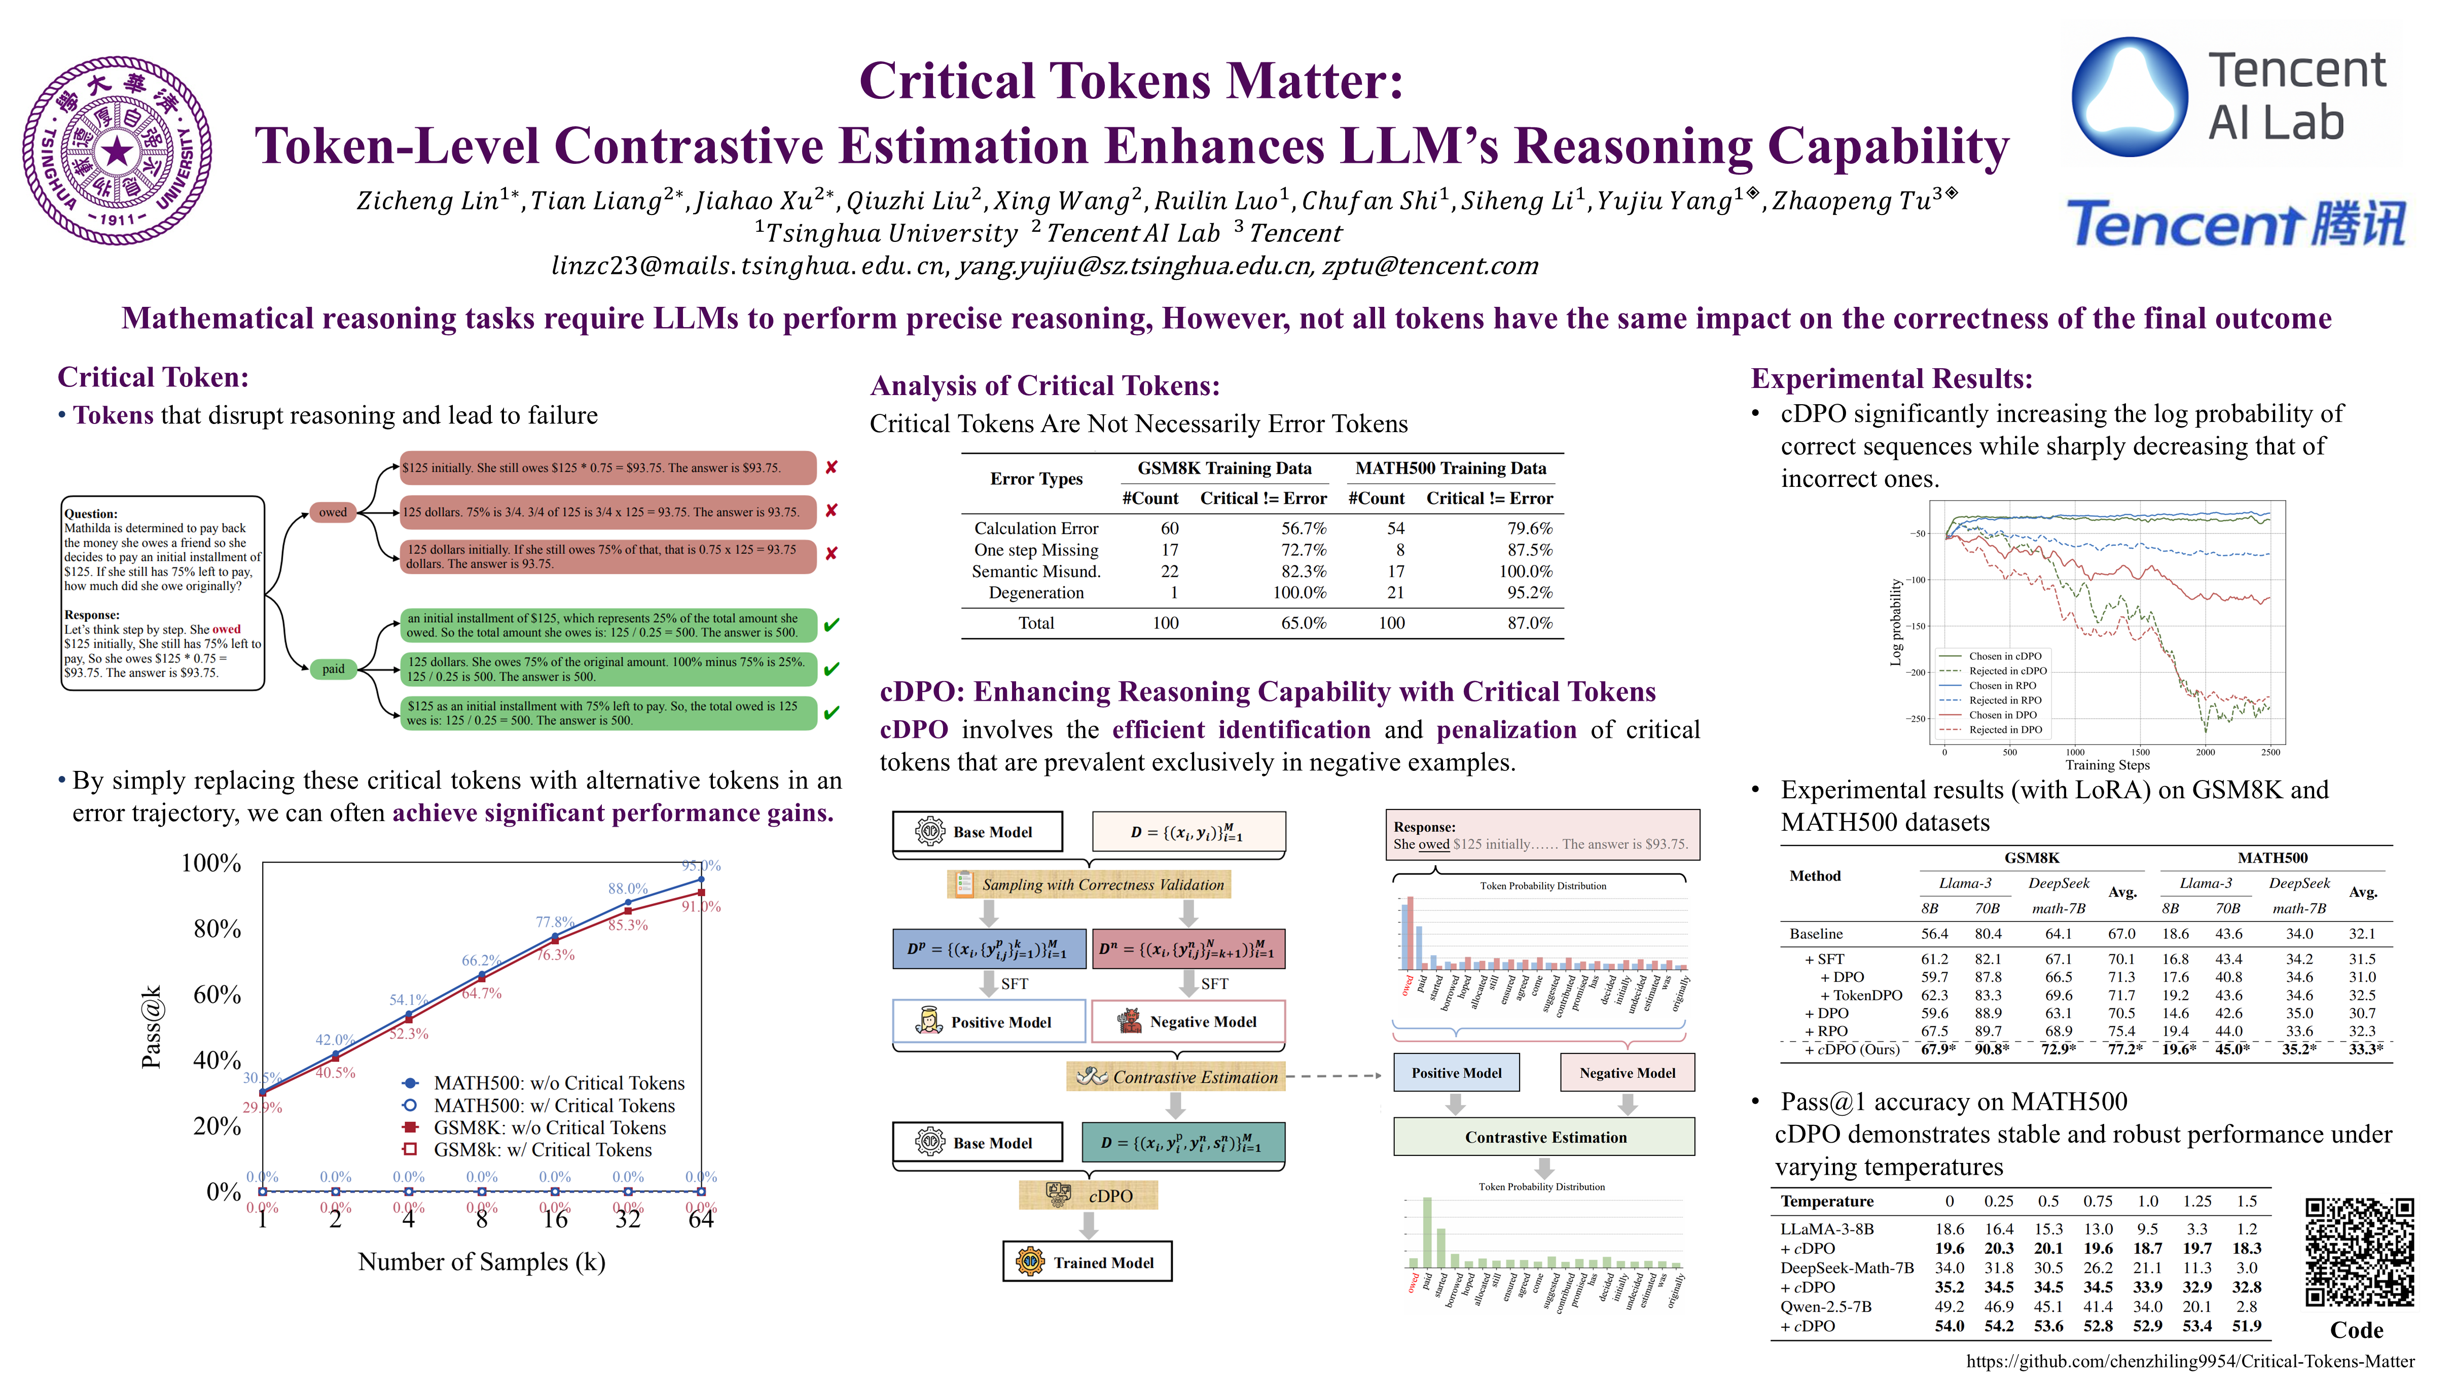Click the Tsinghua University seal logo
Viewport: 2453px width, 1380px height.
point(117,151)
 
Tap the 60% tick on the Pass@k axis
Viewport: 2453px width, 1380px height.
point(217,994)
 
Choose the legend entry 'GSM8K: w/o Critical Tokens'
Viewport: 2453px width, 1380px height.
point(550,1127)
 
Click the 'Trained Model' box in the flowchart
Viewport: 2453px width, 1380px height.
point(1088,1262)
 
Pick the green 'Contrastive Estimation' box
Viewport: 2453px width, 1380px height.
point(1544,1137)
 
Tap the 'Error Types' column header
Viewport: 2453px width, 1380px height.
point(1036,479)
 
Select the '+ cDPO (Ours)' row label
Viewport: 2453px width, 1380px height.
point(1851,1049)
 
